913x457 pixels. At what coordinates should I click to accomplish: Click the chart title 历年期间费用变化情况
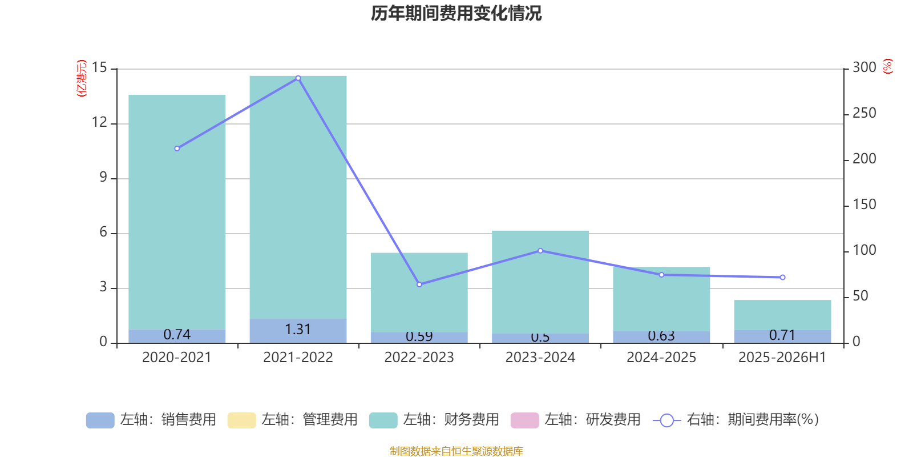456,13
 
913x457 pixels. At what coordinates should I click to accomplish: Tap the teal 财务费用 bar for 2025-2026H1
782,315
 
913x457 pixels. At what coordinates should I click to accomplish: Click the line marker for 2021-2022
298,78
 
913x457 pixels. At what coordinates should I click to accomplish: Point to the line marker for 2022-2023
419,284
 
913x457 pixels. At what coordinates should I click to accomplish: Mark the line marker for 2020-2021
177,149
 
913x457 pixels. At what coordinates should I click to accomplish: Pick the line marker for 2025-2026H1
782,278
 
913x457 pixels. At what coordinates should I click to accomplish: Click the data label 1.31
298,330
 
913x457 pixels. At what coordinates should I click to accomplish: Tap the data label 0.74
177,335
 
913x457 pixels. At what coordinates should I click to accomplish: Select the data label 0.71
782,335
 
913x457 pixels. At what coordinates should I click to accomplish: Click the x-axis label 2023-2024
540,358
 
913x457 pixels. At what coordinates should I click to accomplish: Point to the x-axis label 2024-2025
661,358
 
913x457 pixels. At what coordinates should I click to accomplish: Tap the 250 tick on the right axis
864,114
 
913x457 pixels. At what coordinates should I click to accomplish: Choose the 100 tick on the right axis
864,251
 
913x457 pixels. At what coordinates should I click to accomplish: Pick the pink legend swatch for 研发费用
524,420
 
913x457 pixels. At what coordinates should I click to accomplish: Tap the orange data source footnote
456,451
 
